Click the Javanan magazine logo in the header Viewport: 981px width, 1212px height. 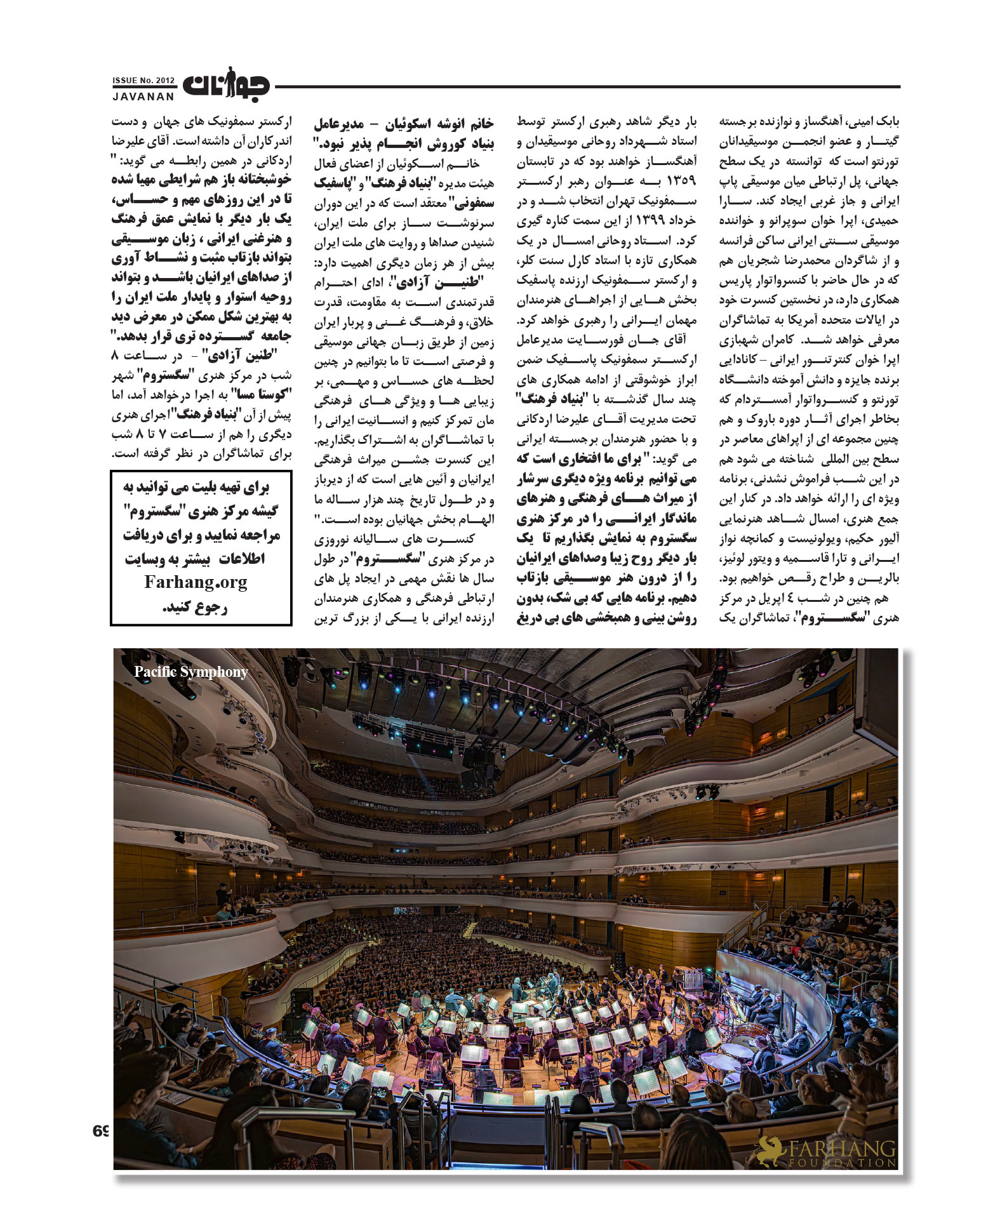coord(226,86)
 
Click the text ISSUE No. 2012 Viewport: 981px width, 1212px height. coord(143,81)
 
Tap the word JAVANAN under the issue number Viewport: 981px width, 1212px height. coord(143,97)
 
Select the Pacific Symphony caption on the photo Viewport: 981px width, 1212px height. coord(190,672)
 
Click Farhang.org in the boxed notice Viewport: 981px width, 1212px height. coord(196,582)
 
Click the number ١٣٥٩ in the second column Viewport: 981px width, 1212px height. coord(681,182)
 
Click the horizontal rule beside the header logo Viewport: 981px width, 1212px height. coord(584,86)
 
